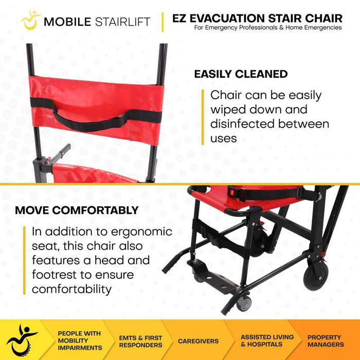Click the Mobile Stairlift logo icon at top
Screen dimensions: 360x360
pos(31,20)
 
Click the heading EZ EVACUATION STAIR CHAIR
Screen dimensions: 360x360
pos(257,17)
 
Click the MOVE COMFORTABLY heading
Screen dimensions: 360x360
pos(77,210)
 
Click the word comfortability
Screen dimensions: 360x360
pos(71,289)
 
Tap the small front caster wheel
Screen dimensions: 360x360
pos(243,304)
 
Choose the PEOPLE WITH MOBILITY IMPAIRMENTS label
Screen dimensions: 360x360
pos(79,340)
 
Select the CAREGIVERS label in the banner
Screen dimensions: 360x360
pos(198,341)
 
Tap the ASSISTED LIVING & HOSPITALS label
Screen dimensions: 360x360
pos(267,340)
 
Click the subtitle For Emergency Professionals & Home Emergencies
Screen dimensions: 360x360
pos(267,28)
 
